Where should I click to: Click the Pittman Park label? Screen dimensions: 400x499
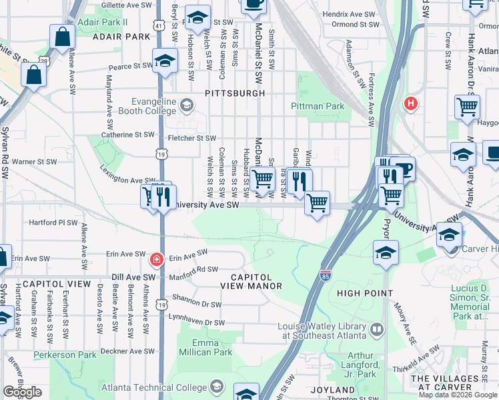click(x=318, y=106)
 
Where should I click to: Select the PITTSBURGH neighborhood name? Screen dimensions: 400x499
click(x=235, y=93)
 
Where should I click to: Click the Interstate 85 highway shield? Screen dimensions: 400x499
click(x=324, y=275)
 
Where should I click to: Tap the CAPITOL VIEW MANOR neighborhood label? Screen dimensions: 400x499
click(x=257, y=281)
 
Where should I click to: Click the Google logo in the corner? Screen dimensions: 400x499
click(x=22, y=392)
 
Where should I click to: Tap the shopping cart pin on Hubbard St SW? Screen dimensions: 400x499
click(x=263, y=178)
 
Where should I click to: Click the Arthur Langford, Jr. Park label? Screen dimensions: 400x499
click(x=360, y=361)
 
